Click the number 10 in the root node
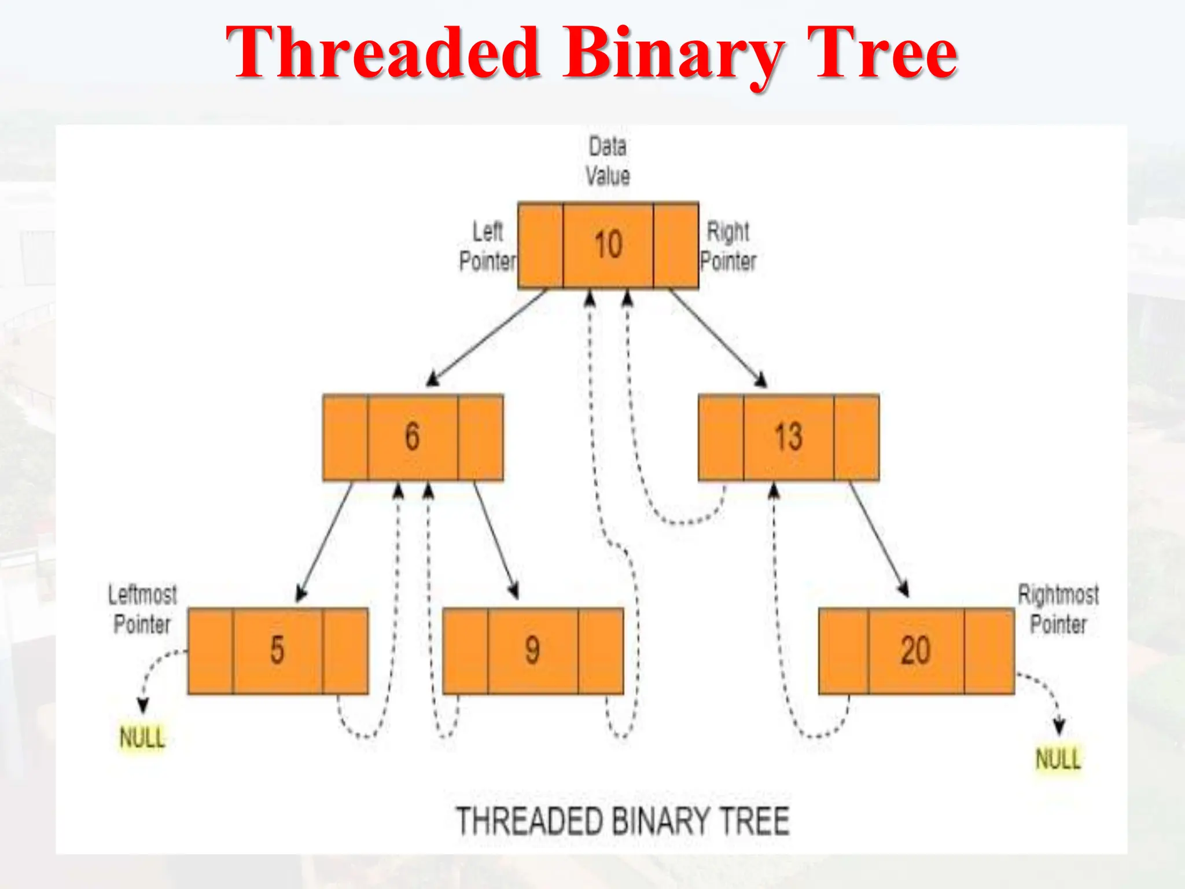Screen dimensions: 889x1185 tap(608, 244)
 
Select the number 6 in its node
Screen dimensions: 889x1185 tap(412, 436)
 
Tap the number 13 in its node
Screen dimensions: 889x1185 tap(789, 437)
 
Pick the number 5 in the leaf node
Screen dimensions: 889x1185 tap(277, 650)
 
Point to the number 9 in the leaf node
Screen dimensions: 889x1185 tap(532, 650)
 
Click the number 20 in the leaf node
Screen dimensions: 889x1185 tap(915, 650)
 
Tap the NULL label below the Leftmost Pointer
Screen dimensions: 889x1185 tap(142, 738)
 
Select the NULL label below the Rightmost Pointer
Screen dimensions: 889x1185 tap(1058, 759)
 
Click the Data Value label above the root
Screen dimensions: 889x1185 tap(608, 161)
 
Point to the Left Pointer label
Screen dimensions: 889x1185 tap(488, 247)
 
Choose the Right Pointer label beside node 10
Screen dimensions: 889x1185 tap(728, 247)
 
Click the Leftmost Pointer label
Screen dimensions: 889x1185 tap(142, 609)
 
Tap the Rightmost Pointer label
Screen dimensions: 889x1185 tap(1058, 609)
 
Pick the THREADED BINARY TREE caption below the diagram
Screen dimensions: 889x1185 tap(623, 821)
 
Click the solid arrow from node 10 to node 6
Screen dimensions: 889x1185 tap(487, 337)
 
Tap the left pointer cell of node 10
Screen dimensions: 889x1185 tap(540, 245)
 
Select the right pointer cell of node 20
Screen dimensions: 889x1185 tap(989, 651)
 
